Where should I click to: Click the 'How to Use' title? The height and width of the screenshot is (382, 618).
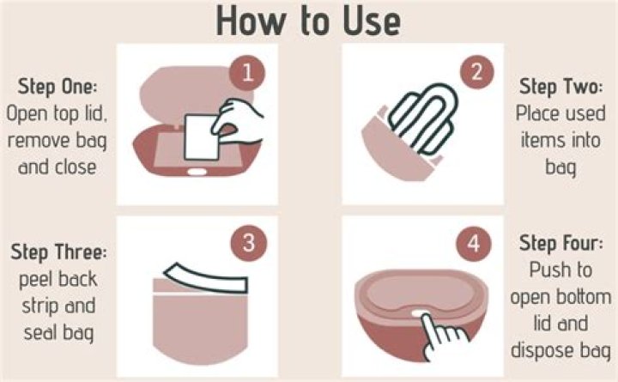pos(308,21)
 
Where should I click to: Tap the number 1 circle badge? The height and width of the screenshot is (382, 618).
pos(247,73)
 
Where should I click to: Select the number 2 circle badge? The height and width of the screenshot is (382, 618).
pos(472,73)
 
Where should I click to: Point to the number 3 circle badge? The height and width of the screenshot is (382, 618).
pos(247,244)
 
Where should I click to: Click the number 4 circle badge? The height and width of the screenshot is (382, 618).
pos(472,243)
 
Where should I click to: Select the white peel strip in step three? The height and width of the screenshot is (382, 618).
pos(197,273)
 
